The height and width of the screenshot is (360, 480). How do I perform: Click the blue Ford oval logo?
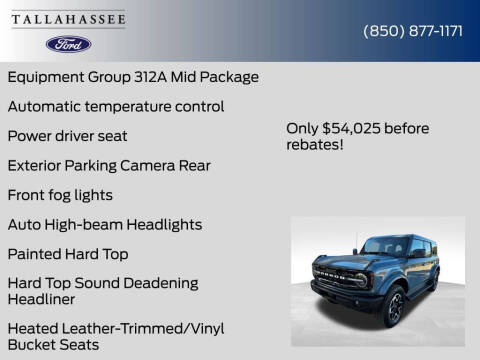tap(68, 44)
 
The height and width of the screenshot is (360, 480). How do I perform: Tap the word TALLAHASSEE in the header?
tap(68, 20)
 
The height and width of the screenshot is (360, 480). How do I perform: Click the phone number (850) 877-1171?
tap(412, 30)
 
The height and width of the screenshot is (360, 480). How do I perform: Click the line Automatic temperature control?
tap(115, 106)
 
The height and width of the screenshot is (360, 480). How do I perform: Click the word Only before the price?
tap(303, 128)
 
